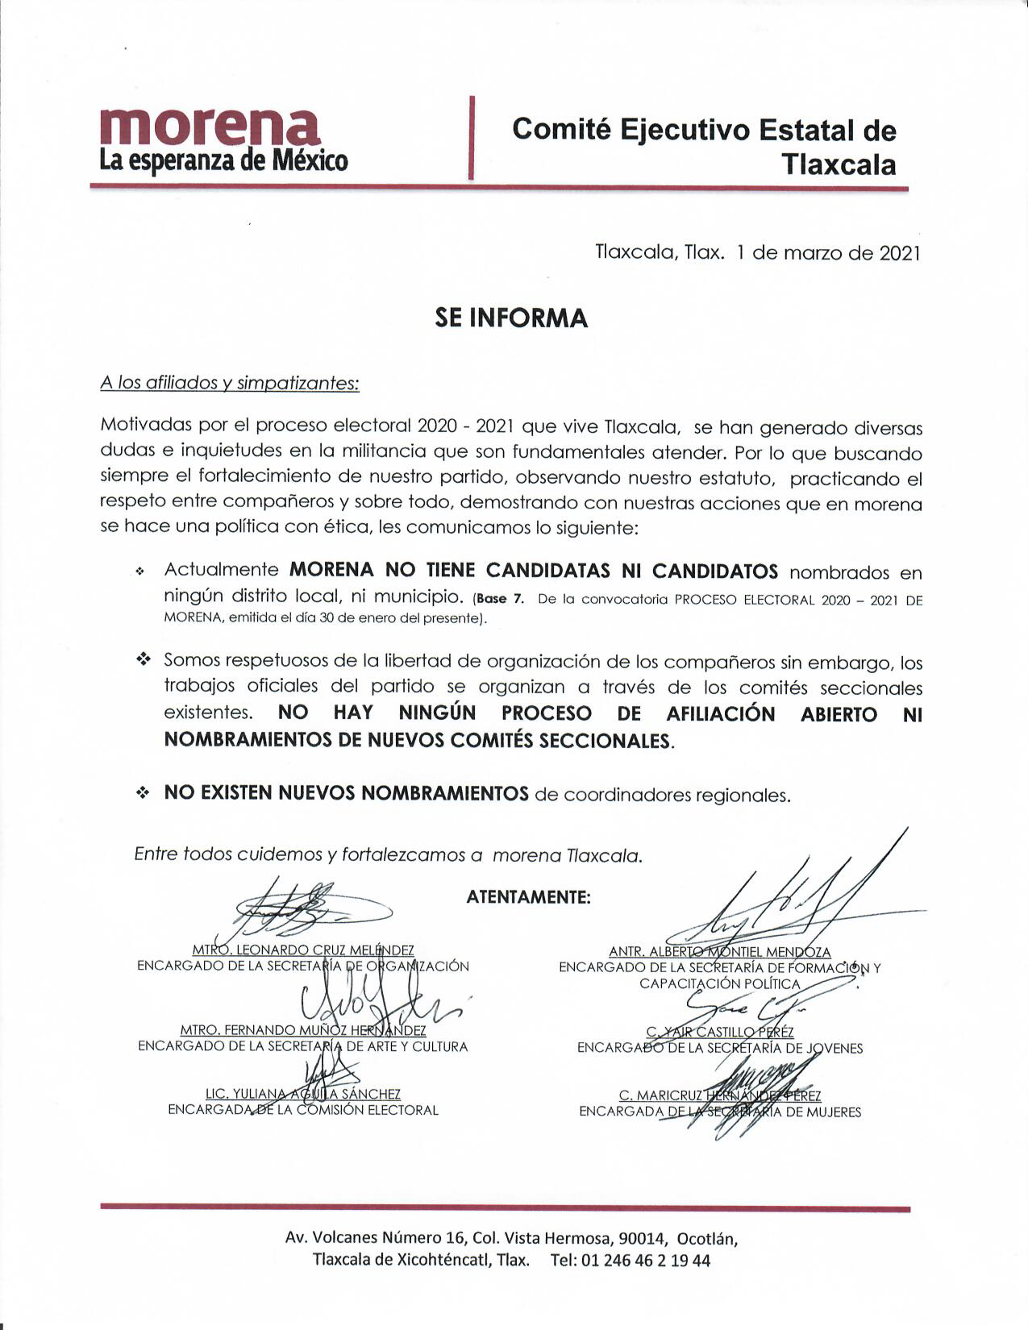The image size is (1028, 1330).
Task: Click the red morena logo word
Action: [x=210, y=126]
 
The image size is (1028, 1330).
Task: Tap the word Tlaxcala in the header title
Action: [x=839, y=165]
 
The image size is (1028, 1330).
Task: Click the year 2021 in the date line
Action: [x=899, y=253]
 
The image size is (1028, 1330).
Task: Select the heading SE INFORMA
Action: [x=511, y=318]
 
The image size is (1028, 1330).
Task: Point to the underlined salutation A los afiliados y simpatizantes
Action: [x=229, y=383]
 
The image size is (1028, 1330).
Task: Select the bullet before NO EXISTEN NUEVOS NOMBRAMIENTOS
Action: [x=144, y=794]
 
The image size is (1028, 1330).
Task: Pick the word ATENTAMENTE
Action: [x=528, y=897]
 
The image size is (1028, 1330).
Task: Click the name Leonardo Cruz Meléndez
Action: [x=303, y=950]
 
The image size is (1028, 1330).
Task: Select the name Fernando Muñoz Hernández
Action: [x=303, y=1030]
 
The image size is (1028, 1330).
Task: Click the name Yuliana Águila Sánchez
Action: [x=303, y=1094]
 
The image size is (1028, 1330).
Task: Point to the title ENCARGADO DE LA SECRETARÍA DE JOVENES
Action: [x=719, y=1048]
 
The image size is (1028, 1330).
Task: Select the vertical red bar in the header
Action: [x=471, y=137]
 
